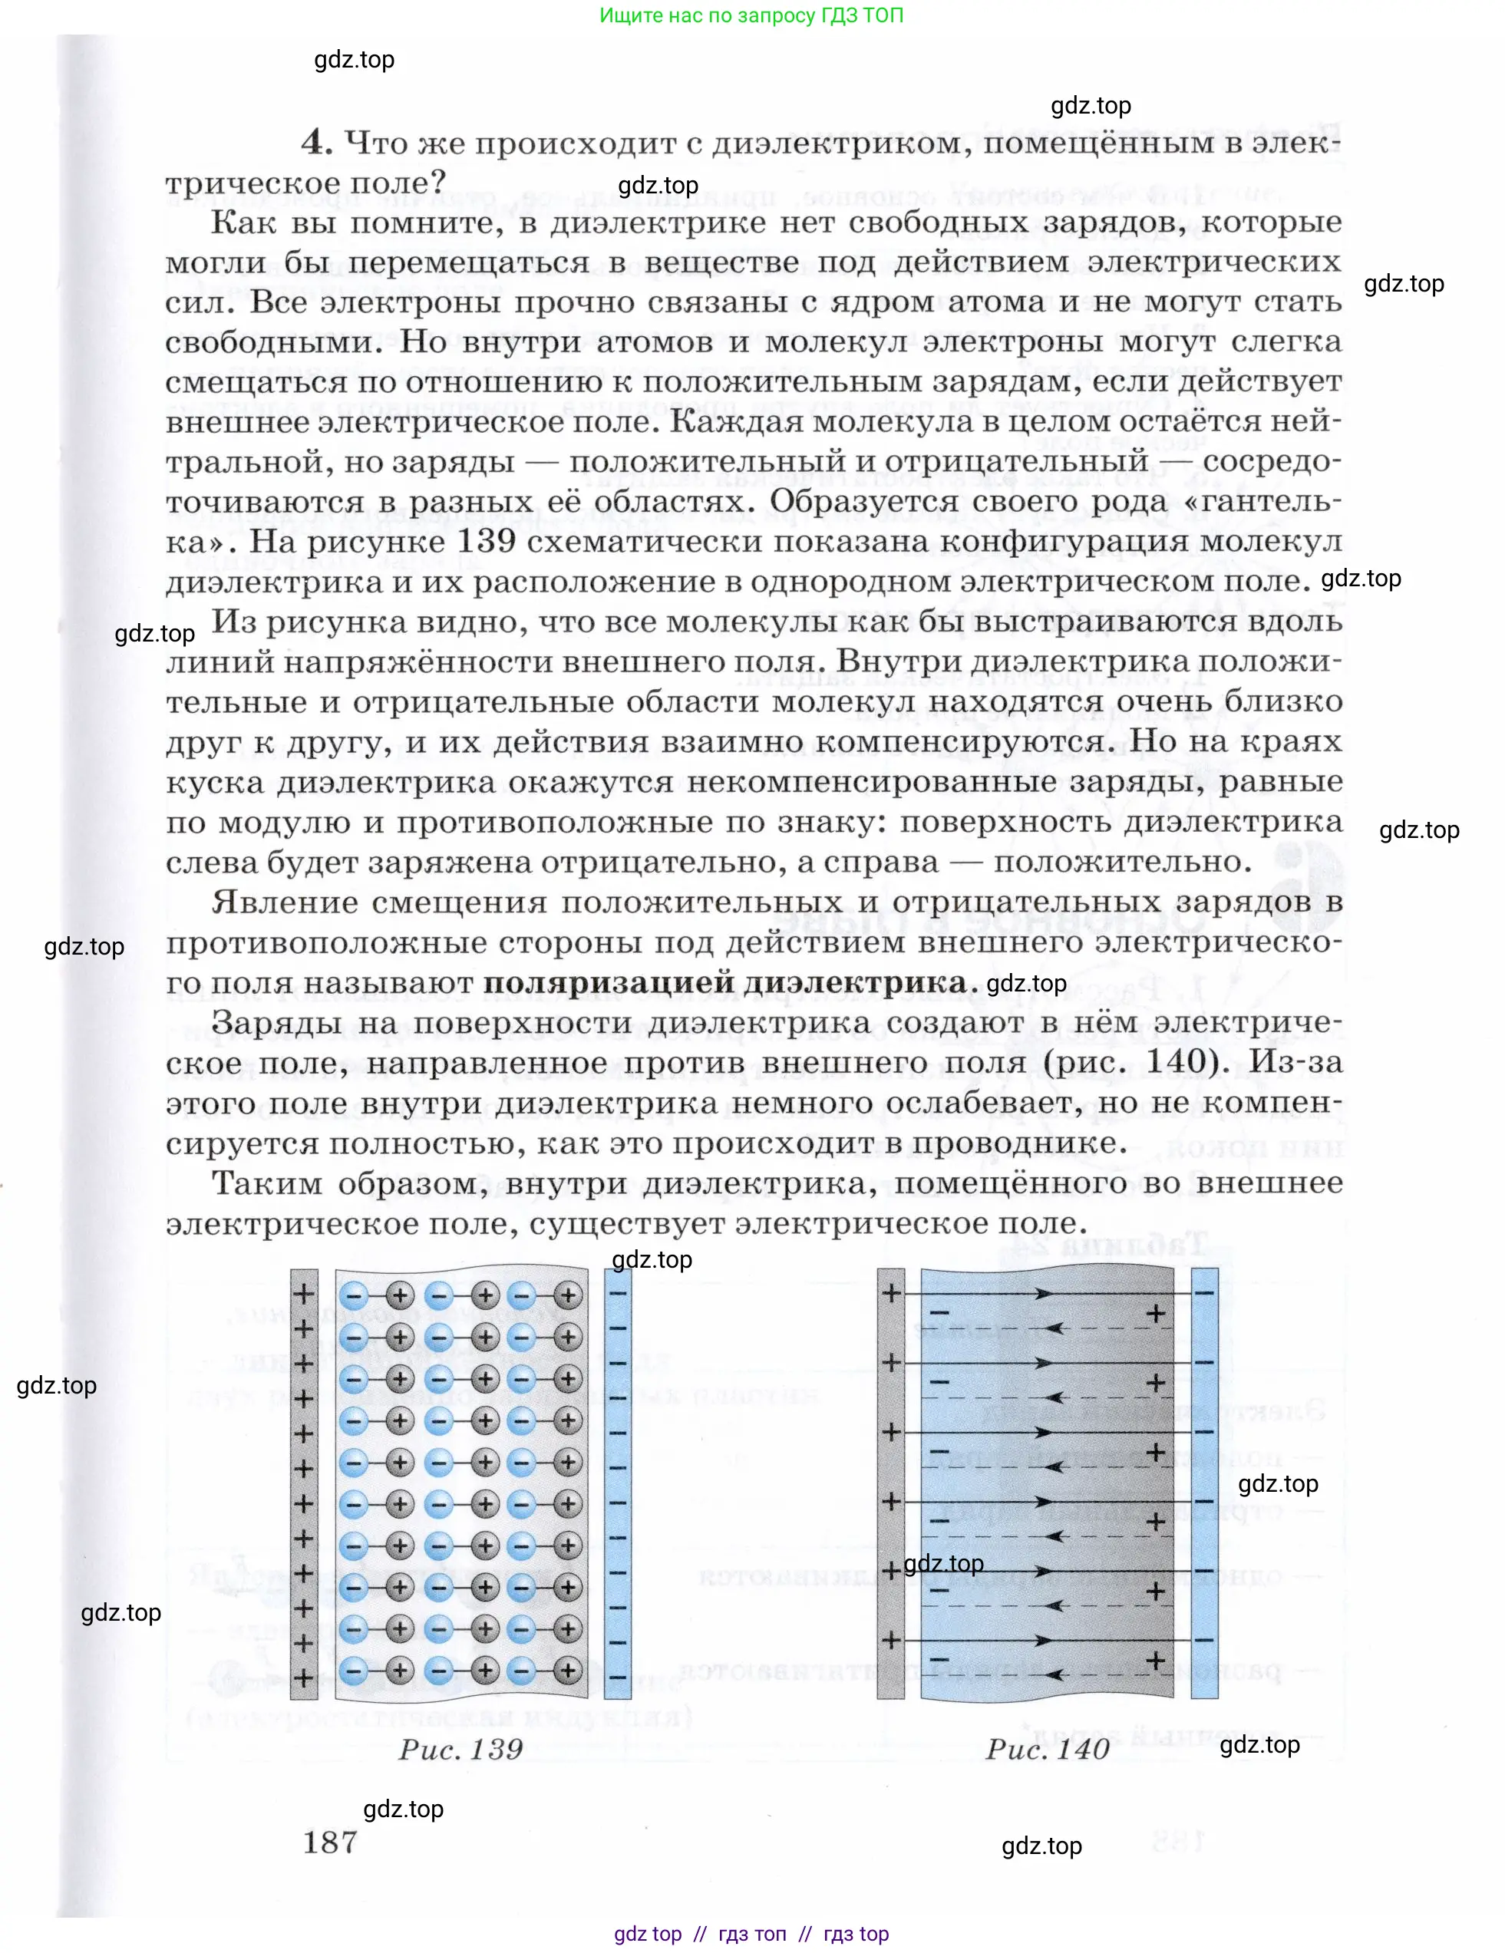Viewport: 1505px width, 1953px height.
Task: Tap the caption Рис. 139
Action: coord(460,1749)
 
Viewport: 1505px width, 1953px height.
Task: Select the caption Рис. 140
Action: coord(1047,1749)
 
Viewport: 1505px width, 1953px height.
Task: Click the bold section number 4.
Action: coord(316,141)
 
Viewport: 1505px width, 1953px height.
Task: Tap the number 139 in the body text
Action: coord(487,541)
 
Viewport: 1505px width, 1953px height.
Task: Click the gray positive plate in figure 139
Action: coord(304,1483)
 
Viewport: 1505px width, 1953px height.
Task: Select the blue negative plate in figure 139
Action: coord(618,1483)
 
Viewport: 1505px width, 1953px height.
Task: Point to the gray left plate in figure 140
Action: coord(891,1483)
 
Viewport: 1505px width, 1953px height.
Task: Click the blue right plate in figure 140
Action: coord(1204,1483)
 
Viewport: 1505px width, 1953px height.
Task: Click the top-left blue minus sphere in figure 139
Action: coord(354,1295)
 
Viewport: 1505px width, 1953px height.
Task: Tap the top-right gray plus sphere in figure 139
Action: coord(567,1295)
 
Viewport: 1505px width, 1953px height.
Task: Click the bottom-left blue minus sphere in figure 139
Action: coord(354,1670)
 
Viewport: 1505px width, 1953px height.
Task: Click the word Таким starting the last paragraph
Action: coord(266,1183)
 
